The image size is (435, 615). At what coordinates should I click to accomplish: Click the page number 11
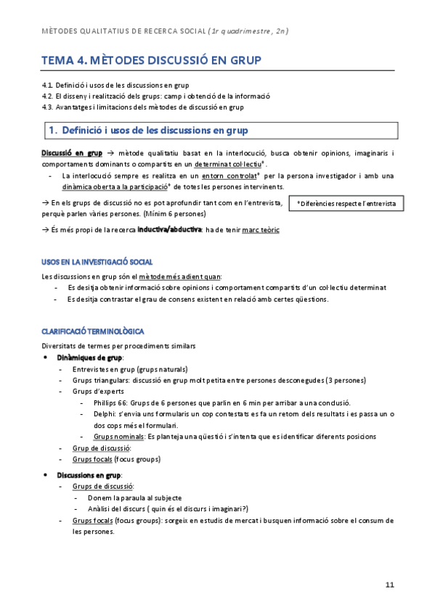click(390, 585)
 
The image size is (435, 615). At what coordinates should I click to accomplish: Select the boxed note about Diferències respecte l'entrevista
click(346, 205)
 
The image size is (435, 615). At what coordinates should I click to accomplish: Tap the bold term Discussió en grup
click(71, 153)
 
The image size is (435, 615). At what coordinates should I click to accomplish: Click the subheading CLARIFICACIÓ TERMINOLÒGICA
click(93, 330)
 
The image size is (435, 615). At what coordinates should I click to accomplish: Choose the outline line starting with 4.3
click(142, 107)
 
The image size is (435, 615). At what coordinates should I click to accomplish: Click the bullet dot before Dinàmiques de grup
click(46, 358)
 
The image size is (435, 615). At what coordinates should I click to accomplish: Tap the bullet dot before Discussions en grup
click(46, 474)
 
